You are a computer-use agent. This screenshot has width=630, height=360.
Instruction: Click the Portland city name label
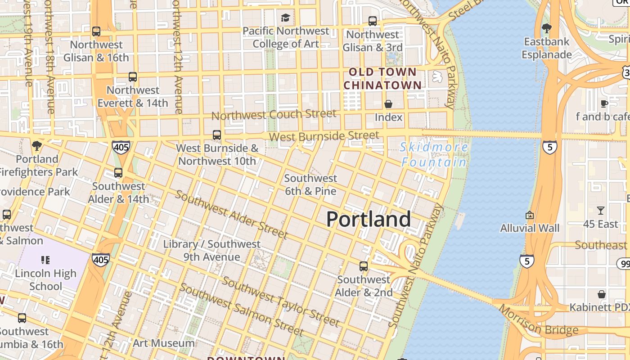[368, 219]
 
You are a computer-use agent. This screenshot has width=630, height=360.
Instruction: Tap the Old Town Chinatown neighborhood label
[383, 78]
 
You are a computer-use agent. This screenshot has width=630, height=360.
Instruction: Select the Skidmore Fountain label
[434, 154]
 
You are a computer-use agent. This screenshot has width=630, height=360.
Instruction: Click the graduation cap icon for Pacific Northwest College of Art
[285, 18]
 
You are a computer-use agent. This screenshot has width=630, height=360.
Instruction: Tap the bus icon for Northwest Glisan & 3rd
[373, 21]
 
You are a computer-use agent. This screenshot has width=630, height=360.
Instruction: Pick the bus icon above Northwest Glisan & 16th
[96, 31]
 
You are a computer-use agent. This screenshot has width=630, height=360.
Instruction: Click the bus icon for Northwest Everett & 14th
[133, 77]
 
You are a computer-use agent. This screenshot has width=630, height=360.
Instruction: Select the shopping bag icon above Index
[388, 104]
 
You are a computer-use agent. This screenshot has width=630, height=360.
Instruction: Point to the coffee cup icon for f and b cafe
[604, 103]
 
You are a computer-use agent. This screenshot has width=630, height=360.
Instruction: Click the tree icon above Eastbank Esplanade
[547, 28]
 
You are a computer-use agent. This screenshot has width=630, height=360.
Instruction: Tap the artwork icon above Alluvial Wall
[530, 215]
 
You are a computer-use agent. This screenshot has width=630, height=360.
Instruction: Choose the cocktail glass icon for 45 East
[601, 211]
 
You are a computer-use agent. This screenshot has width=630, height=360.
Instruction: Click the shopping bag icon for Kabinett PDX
[602, 294]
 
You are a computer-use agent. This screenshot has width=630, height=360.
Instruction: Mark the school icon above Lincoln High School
[45, 260]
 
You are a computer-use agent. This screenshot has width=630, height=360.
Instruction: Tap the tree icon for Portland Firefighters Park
[37, 146]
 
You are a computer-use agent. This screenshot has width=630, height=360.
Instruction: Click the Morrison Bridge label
[539, 321]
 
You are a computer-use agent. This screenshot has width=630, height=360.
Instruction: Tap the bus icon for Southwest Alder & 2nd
[364, 266]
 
